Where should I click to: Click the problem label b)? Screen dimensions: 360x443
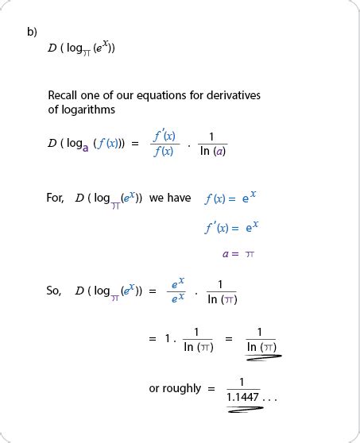(x=32, y=32)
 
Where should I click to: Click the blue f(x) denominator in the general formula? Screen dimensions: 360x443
(x=162, y=152)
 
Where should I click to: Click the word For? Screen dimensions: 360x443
(x=55, y=198)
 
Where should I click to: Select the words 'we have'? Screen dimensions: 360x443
(x=170, y=198)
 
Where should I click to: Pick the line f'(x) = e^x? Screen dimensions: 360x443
(x=231, y=227)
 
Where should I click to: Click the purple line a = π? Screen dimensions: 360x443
(x=238, y=254)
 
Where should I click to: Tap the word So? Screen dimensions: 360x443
(x=53, y=291)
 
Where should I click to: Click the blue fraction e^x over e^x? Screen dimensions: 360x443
(x=178, y=291)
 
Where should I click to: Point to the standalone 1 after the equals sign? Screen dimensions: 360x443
(x=168, y=339)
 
